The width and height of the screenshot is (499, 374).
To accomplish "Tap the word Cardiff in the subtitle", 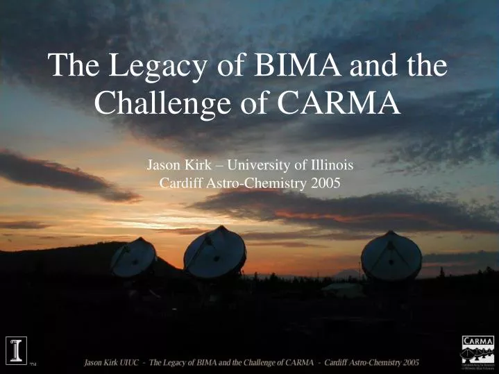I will click(x=179, y=184).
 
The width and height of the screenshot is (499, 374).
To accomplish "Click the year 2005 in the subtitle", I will click(x=325, y=184).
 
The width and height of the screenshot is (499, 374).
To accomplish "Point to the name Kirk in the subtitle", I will click(x=193, y=166).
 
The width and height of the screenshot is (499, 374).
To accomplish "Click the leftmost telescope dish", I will click(x=133, y=257).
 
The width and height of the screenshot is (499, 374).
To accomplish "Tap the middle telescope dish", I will click(x=214, y=251).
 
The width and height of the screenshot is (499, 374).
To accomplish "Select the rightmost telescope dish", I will click(x=391, y=256).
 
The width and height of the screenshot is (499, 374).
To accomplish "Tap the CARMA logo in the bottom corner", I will click(x=478, y=351).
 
